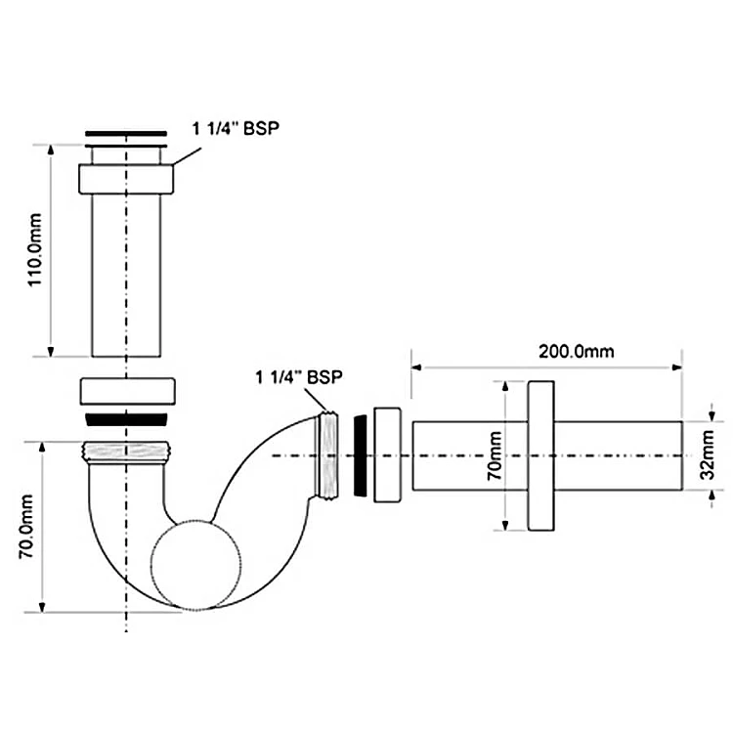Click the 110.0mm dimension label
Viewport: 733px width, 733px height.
[33, 251]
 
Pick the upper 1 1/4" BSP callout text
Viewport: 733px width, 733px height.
[231, 127]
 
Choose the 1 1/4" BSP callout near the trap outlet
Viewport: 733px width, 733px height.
[299, 376]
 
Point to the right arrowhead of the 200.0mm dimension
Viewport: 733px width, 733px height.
[676, 368]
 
